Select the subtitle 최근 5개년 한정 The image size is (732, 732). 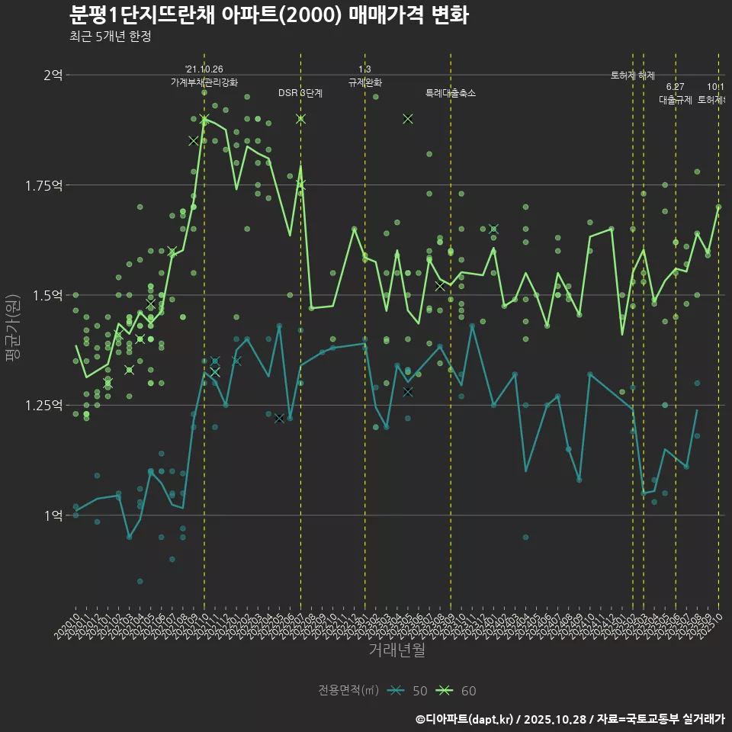click(110, 37)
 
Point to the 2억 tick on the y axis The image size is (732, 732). click(53, 75)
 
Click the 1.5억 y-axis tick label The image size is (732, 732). click(47, 295)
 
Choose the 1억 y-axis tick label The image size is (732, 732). click(53, 515)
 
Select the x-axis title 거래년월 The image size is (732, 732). click(396, 650)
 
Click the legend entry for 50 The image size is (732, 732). click(407, 691)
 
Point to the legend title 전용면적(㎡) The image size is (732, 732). click(348, 691)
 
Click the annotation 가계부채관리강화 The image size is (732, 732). click(204, 82)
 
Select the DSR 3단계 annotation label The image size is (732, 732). click(300, 93)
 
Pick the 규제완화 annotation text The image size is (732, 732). click(364, 82)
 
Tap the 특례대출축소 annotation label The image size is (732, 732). click(450, 93)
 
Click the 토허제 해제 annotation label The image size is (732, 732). click(633, 75)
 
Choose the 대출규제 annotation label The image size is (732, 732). click(675, 100)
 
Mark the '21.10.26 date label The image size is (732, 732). click(204, 69)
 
